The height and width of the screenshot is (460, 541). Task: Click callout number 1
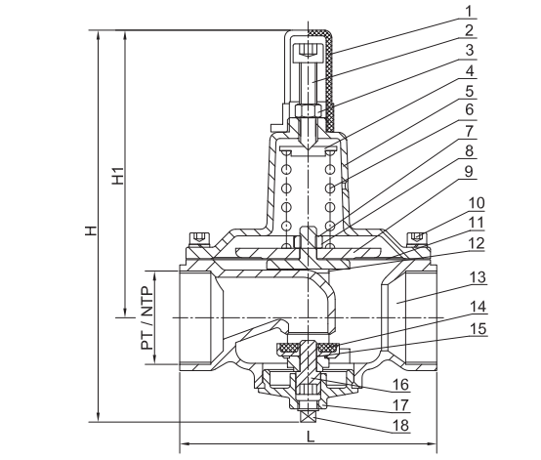click(x=468, y=12)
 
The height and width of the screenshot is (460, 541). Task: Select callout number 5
click(x=470, y=92)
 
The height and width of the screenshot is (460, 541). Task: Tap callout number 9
click(x=469, y=172)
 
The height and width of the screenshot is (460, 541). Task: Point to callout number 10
click(x=477, y=203)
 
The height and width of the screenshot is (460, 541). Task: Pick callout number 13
click(x=478, y=277)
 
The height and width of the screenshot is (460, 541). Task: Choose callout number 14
click(x=478, y=307)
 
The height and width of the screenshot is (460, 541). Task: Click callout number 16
click(x=401, y=384)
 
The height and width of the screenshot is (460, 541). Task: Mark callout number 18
click(x=401, y=425)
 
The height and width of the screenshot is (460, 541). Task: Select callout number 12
click(x=477, y=243)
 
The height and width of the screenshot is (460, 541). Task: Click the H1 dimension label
click(x=118, y=176)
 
